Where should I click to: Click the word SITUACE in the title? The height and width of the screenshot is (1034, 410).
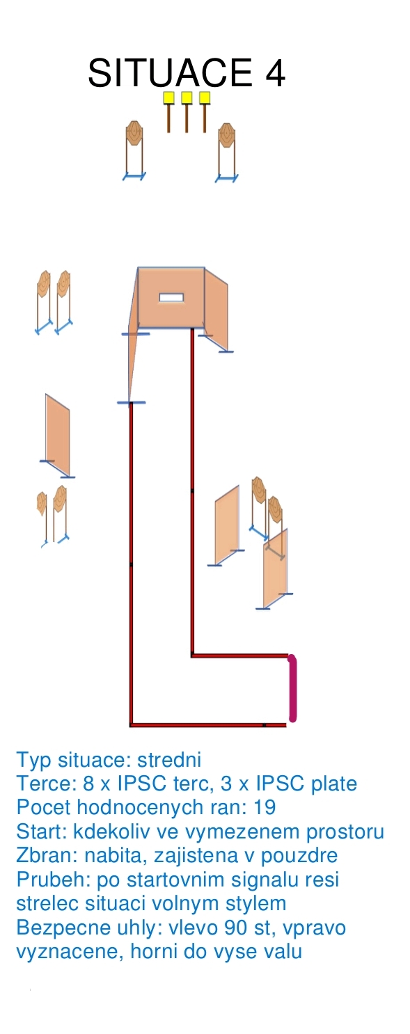(x=170, y=73)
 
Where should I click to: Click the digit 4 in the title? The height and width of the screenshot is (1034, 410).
(x=275, y=73)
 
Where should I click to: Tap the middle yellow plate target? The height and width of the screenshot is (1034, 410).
(x=187, y=97)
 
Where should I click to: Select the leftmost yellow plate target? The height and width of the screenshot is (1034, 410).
(x=168, y=97)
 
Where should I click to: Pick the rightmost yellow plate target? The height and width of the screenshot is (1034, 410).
(x=205, y=97)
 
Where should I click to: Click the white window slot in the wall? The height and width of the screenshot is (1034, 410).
(x=172, y=297)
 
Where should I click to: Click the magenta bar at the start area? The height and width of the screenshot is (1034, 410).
(x=292, y=687)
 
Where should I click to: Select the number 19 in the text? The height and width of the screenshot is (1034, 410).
(x=265, y=807)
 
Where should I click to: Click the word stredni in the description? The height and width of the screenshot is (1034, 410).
(x=169, y=759)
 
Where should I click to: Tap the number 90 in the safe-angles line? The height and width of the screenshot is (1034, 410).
(x=237, y=928)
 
